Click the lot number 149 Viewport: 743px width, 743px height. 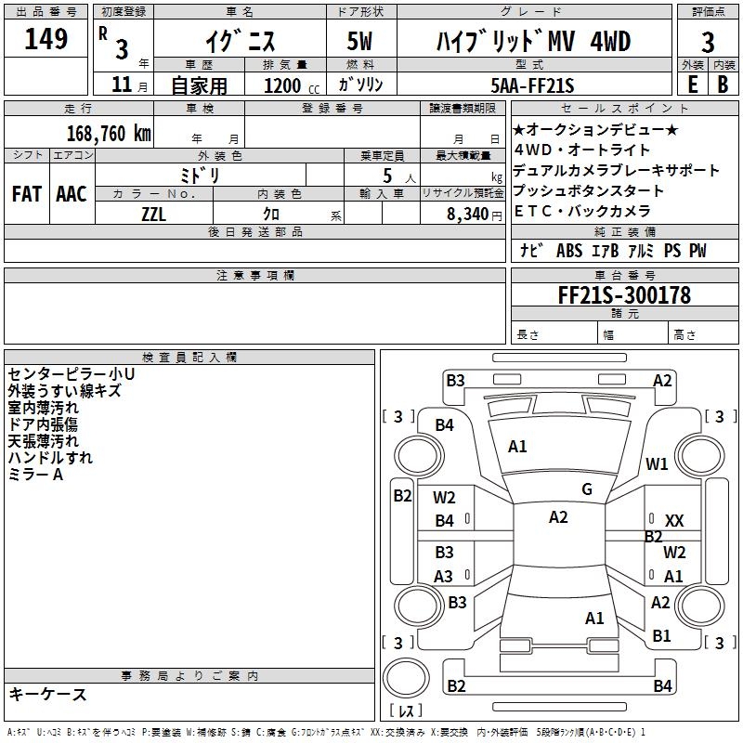point(46,40)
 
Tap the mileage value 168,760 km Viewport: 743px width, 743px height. point(109,133)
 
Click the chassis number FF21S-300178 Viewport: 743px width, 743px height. point(623,295)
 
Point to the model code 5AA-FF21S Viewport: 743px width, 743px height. point(532,85)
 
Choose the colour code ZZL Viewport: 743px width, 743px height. point(153,213)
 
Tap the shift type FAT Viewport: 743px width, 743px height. point(26,194)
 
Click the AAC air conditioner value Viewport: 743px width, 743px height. point(71,194)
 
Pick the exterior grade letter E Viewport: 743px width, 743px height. point(691,85)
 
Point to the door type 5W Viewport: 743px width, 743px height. point(361,42)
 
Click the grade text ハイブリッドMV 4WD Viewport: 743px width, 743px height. point(533,42)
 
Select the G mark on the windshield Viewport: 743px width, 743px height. point(587,489)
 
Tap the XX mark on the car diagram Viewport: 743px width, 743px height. point(674,521)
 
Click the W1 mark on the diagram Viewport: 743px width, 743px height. point(658,464)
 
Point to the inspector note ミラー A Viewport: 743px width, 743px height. point(35,475)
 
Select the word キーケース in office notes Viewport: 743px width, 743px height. point(47,695)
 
